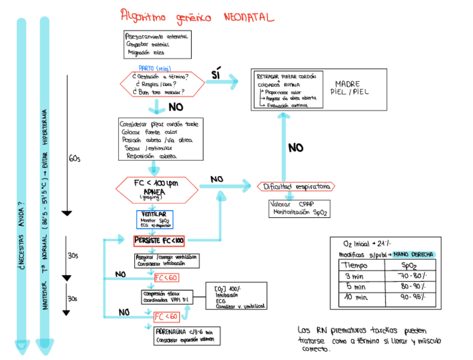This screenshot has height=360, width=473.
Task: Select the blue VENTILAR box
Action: pos(155,219)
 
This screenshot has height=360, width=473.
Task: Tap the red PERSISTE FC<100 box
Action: pos(159,241)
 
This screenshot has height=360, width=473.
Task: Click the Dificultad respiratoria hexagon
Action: pos(296,187)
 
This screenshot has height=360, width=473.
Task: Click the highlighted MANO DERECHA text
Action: pos(413,255)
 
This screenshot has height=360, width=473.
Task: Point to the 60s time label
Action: pos(75,159)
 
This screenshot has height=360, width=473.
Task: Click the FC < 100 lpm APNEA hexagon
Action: pos(157,188)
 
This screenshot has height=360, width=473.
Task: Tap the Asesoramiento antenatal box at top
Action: pos(157,45)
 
